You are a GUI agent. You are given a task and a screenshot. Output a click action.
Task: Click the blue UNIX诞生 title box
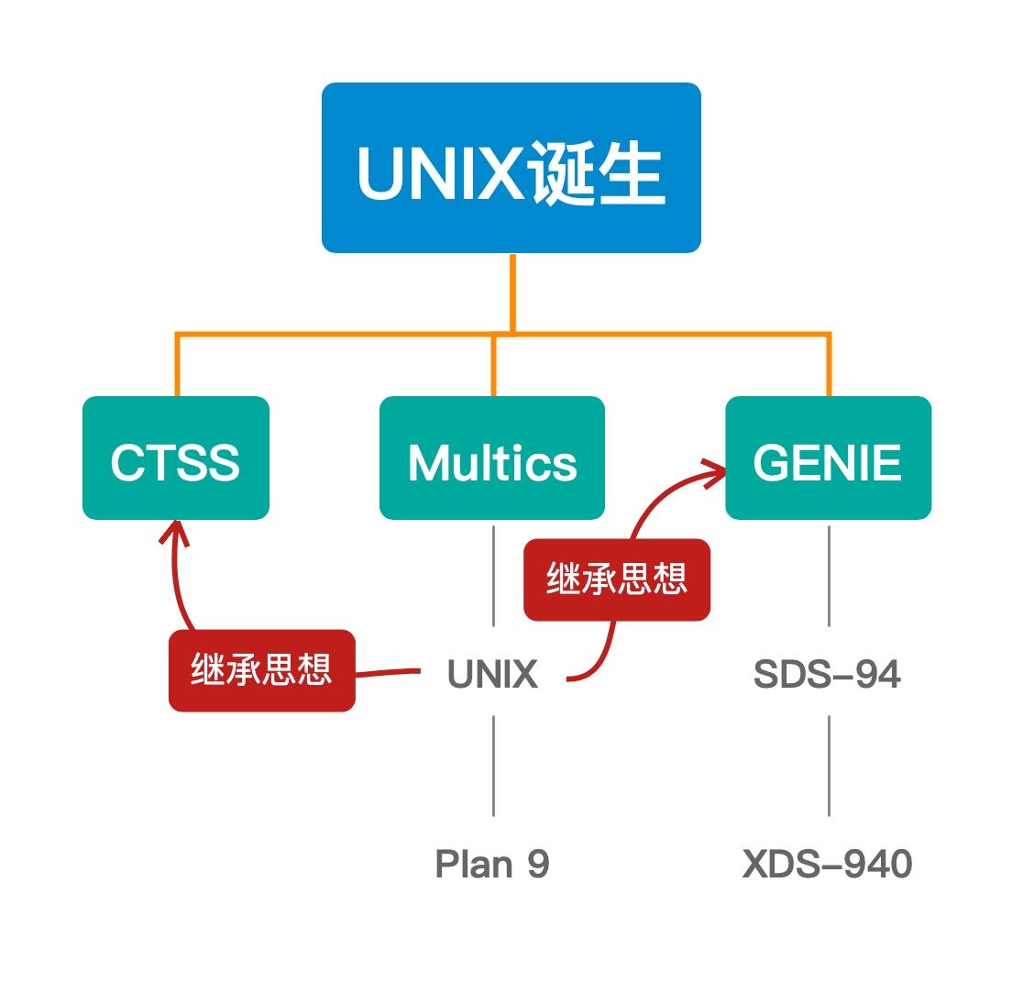[511, 168]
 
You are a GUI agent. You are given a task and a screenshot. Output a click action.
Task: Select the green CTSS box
[176, 458]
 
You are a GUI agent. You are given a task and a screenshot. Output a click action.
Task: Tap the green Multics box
[492, 458]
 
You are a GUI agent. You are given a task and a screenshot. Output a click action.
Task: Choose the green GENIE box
[828, 458]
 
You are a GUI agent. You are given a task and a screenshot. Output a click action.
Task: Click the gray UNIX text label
[492, 675]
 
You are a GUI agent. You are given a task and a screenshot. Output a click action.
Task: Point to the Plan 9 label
[492, 864]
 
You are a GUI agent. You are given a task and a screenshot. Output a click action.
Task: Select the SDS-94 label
[827, 675]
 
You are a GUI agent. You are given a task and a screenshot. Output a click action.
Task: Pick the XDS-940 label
[827, 864]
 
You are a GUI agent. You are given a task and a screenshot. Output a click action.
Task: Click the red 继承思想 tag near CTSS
[261, 670]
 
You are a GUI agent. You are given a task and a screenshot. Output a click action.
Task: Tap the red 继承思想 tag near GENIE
[617, 579]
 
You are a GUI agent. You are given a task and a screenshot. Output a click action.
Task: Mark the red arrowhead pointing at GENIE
[715, 471]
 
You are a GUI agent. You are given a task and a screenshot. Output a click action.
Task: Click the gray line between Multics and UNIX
[493, 576]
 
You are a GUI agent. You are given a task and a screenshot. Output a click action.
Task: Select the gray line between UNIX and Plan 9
[493, 766]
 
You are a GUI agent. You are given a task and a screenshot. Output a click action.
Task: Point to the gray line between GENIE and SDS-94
[829, 576]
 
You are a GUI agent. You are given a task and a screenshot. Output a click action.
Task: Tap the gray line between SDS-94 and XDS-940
[829, 766]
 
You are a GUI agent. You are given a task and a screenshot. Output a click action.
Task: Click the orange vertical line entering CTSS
[177, 365]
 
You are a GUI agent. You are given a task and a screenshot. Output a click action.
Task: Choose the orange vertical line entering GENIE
[829, 365]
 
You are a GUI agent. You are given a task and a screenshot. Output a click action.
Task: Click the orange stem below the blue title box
[511, 292]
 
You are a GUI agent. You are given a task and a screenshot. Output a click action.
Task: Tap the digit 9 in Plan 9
[538, 864]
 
